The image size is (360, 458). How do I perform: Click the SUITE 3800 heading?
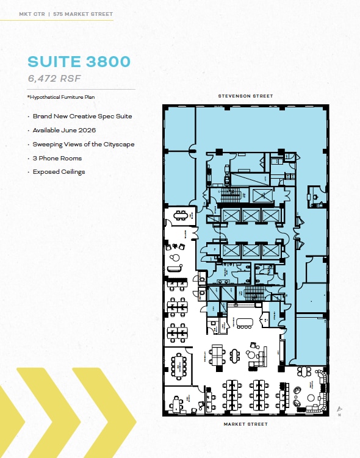tap(78, 63)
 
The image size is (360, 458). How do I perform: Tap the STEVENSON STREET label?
tap(246, 96)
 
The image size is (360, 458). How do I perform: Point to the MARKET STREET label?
tap(246, 423)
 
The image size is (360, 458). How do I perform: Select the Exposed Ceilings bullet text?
tap(59, 172)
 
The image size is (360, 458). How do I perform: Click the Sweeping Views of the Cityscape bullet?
tap(83, 144)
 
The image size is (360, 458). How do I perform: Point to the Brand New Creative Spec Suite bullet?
tap(82, 116)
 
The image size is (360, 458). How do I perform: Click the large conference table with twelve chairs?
tap(179, 364)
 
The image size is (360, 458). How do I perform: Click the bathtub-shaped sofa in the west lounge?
tap(175, 259)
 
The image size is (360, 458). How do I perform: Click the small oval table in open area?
tap(247, 321)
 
